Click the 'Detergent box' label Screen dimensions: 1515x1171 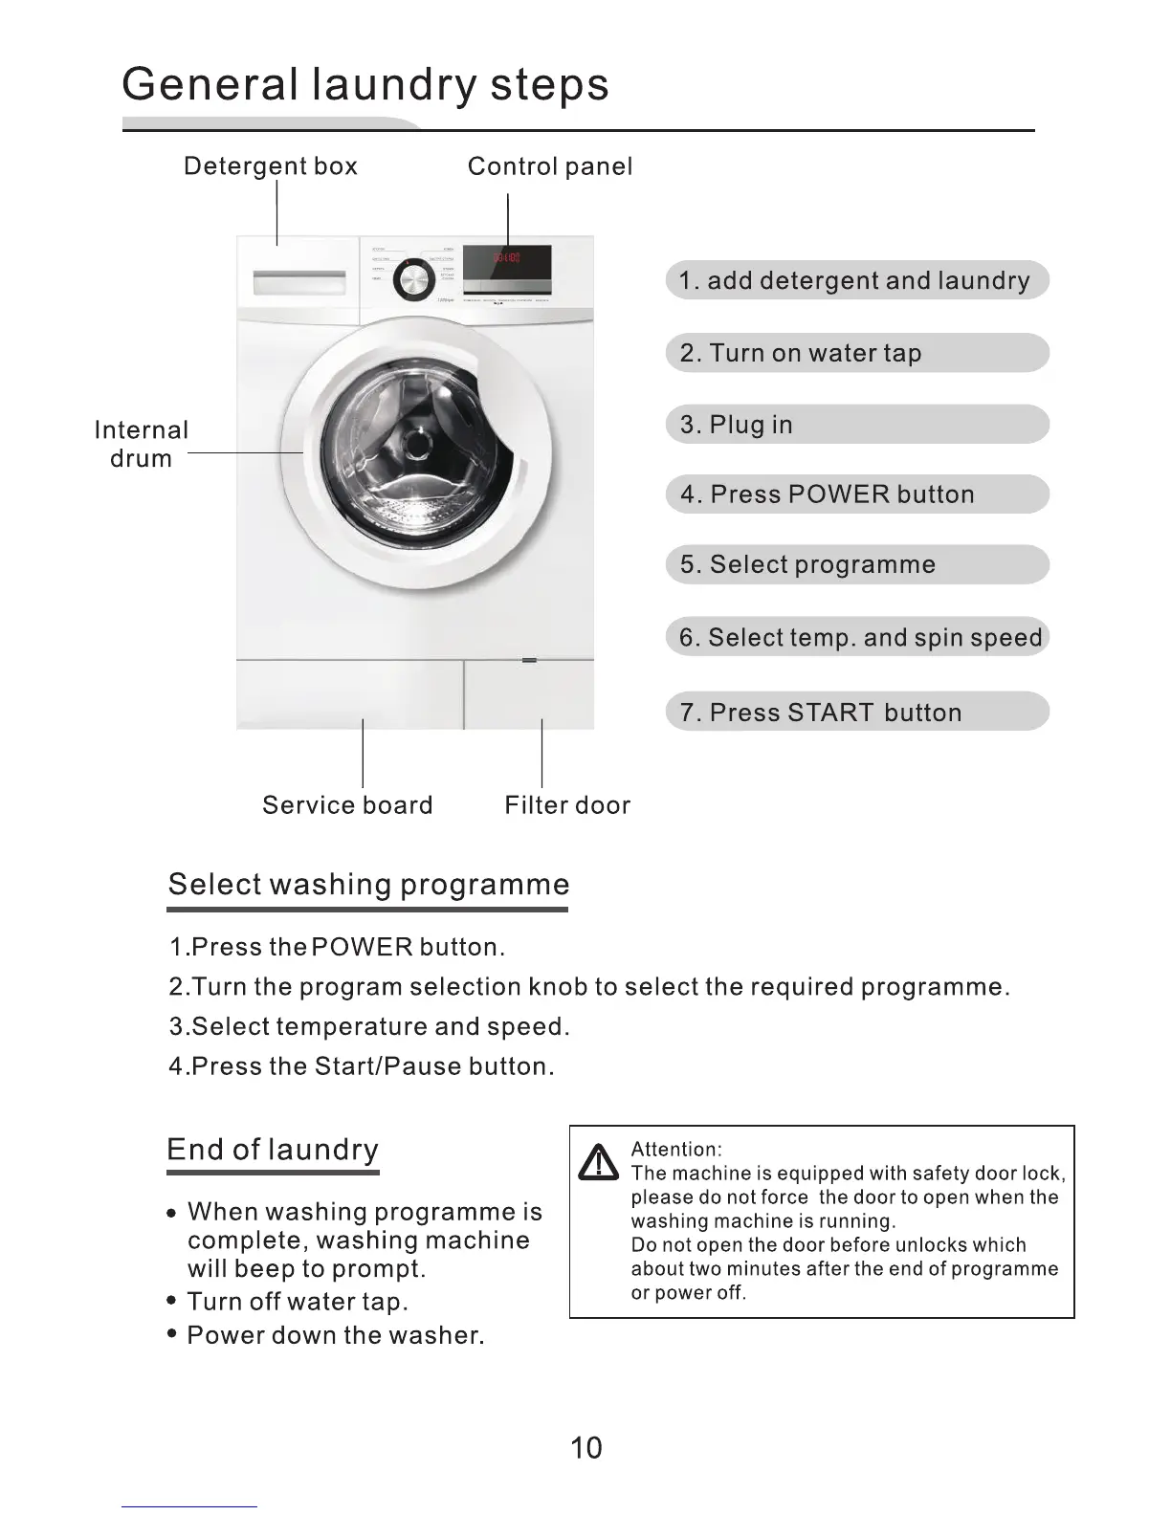pyautogui.click(x=270, y=166)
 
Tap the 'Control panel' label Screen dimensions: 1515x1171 pyautogui.click(x=549, y=166)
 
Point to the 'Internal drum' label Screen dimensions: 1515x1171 pyautogui.click(x=142, y=444)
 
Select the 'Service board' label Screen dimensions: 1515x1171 pyautogui.click(x=347, y=805)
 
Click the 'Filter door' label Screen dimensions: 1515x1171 pyautogui.click(x=567, y=805)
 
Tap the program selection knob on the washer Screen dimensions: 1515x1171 pyautogui.click(x=414, y=279)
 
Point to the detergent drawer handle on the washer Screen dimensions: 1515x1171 pyautogui.click(x=298, y=283)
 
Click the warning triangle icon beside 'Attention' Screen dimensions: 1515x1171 pyautogui.click(x=599, y=1162)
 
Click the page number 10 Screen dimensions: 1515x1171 pyautogui.click(x=585, y=1448)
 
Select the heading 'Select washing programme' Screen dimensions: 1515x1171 pyautogui.click(x=368, y=884)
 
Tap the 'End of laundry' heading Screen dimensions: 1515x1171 pyautogui.click(x=273, y=1149)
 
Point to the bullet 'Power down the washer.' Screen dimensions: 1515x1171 pyautogui.click(x=335, y=1335)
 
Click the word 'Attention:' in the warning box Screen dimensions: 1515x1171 pyautogui.click(x=676, y=1150)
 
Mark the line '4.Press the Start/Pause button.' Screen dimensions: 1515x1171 pyautogui.click(x=362, y=1066)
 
